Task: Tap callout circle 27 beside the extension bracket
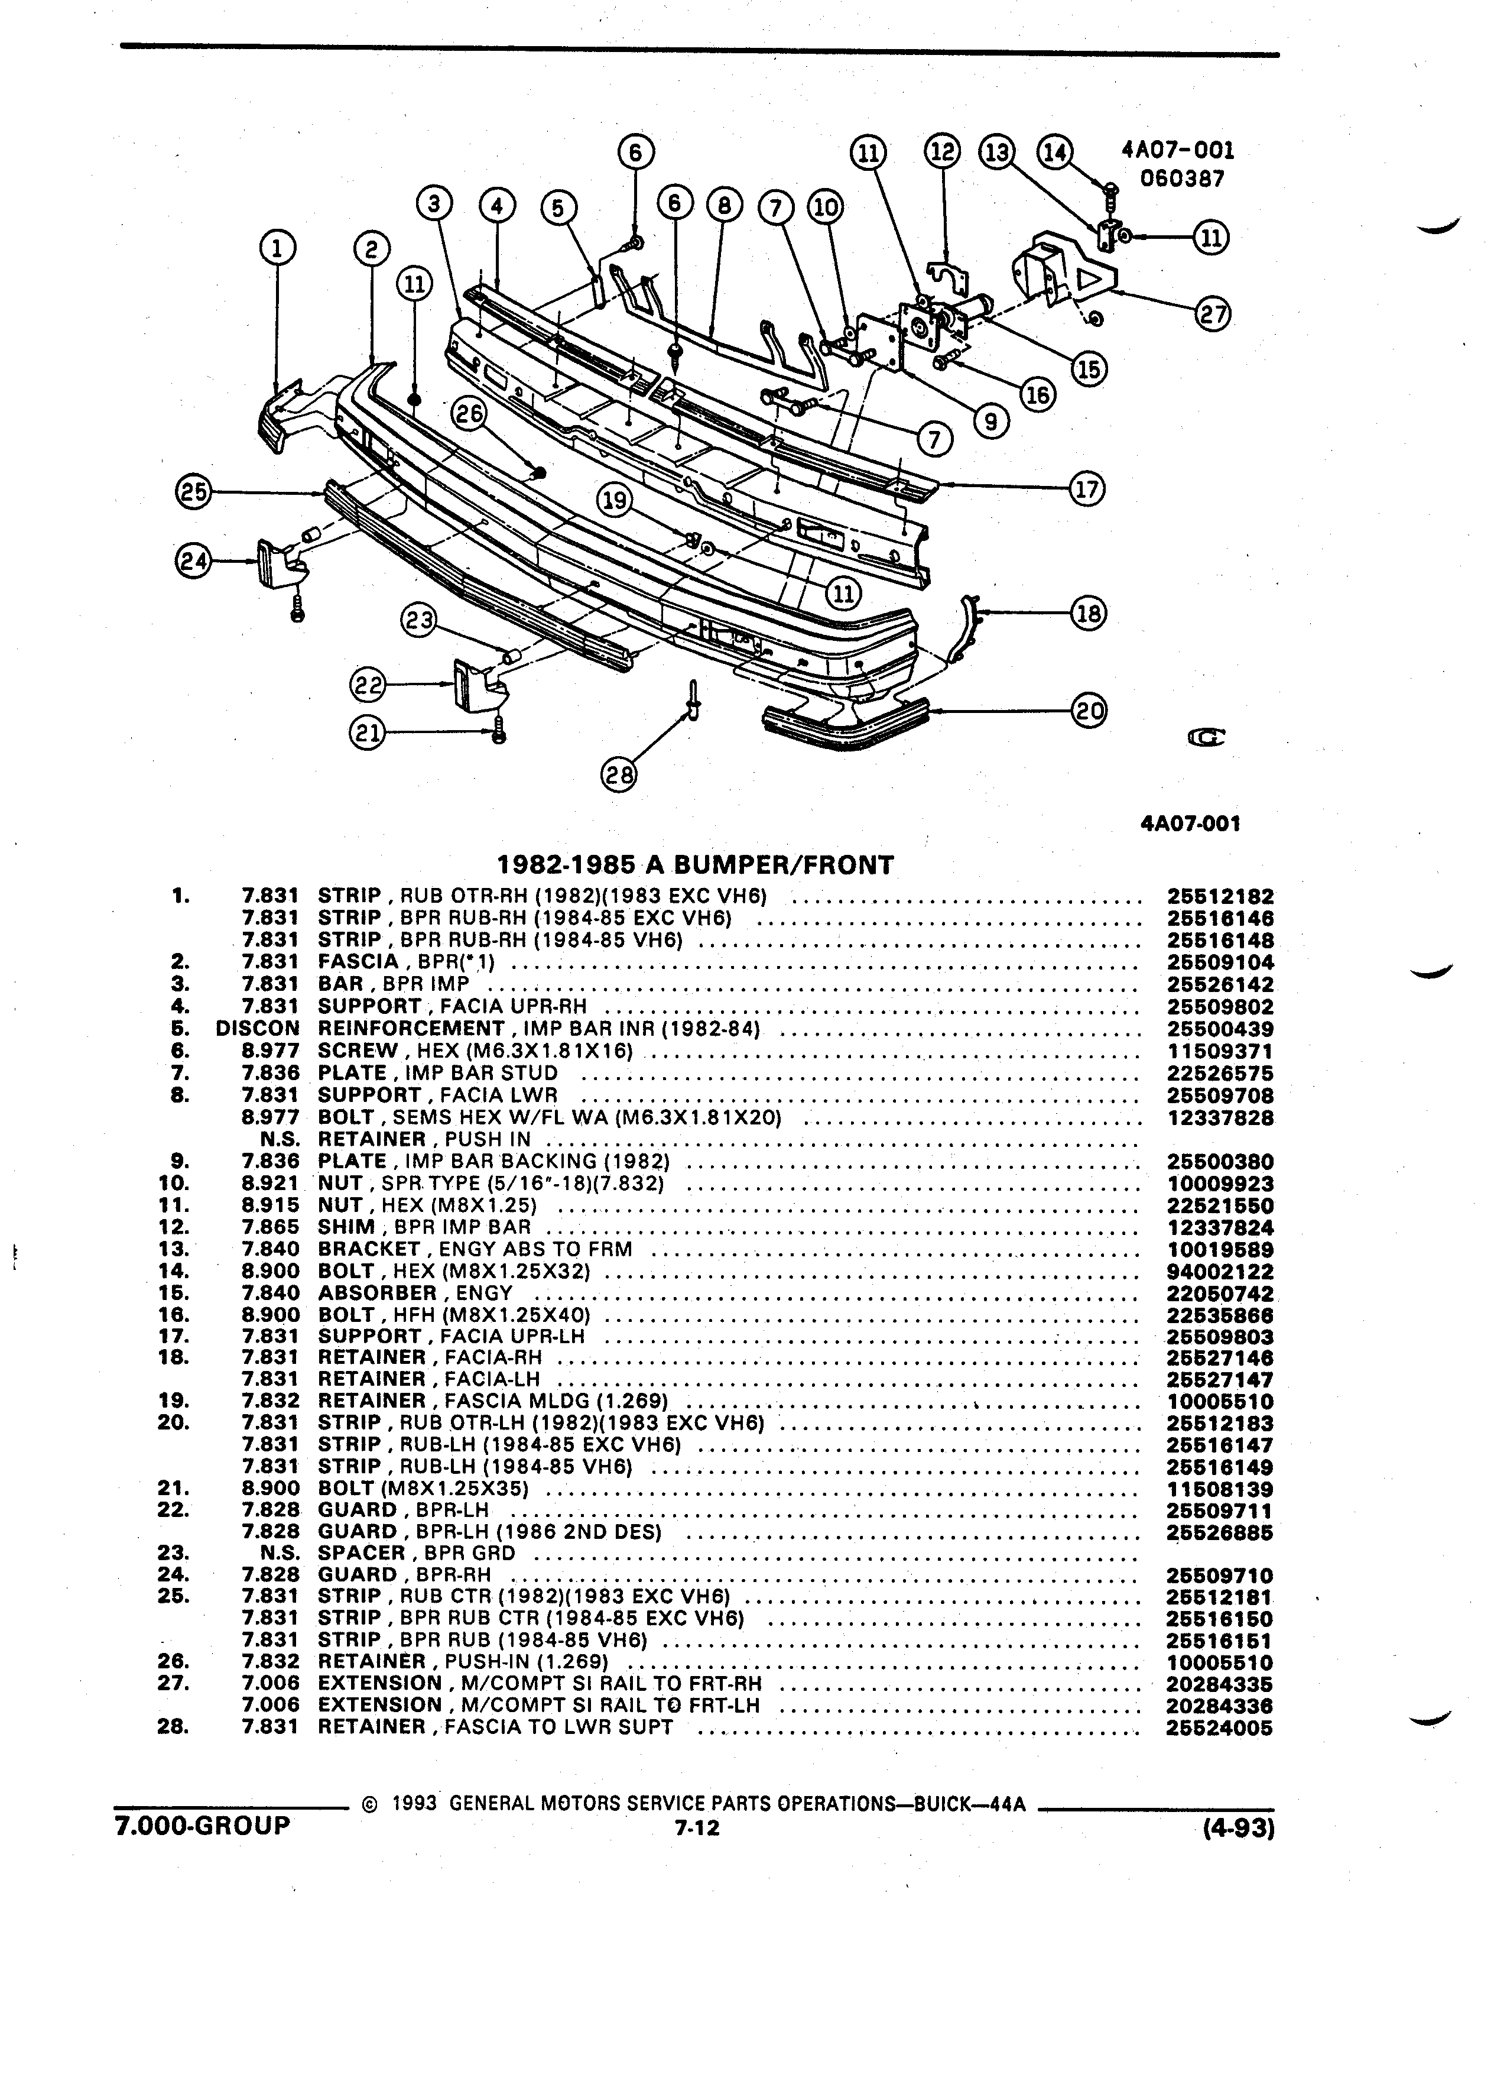pos(1213,315)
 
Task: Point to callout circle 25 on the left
pos(193,492)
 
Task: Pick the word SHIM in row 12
pos(347,1227)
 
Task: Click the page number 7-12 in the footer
pos(697,1828)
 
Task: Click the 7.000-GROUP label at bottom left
pos(202,1825)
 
